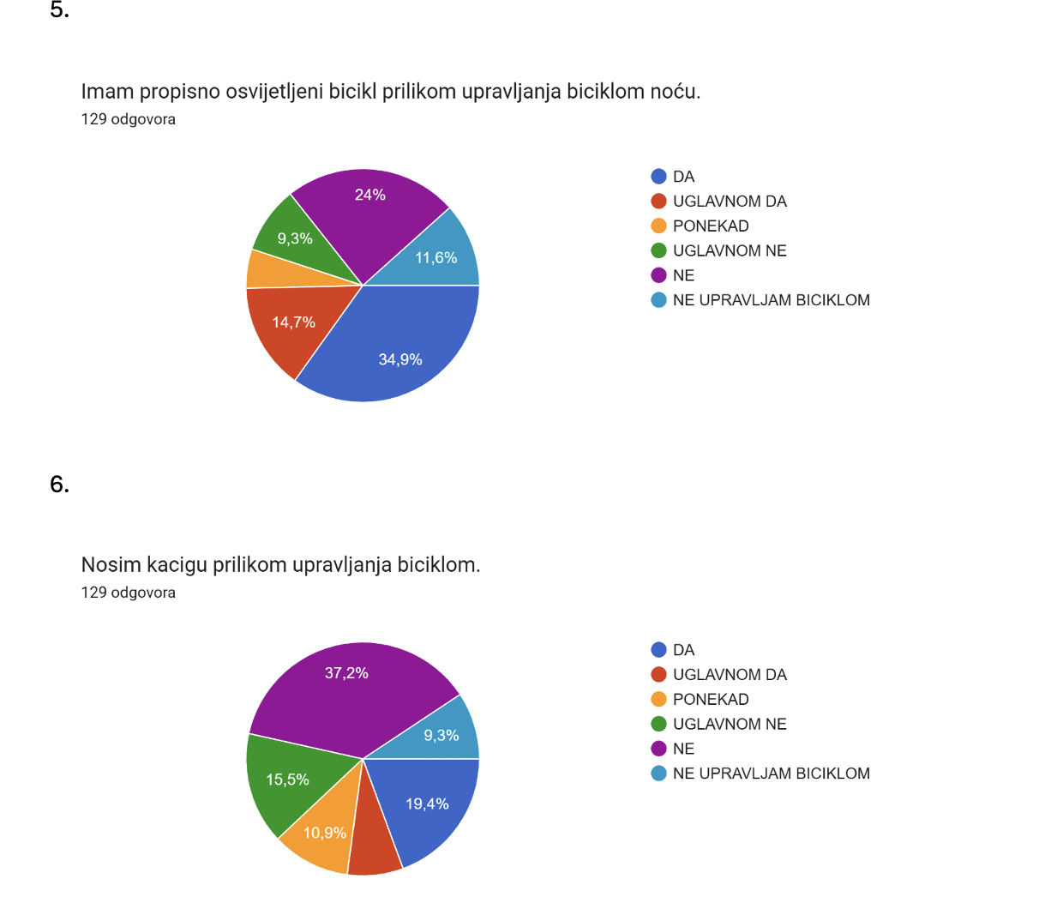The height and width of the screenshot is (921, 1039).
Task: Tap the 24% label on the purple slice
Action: (x=369, y=195)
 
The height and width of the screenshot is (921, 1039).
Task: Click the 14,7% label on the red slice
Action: (x=293, y=322)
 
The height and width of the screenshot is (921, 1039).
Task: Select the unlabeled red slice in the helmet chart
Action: (x=375, y=841)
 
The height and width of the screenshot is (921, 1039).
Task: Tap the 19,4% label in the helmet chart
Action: (x=427, y=804)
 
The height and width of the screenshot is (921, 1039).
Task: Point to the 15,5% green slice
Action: (x=287, y=780)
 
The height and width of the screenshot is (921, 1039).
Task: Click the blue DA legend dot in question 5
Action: (x=658, y=177)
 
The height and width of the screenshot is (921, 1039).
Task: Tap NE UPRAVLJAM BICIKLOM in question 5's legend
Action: (x=771, y=300)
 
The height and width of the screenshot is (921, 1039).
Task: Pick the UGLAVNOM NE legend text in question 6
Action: (x=730, y=724)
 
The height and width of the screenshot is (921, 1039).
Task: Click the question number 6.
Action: (x=59, y=485)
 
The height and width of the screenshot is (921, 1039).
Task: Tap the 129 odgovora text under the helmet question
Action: (x=129, y=593)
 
